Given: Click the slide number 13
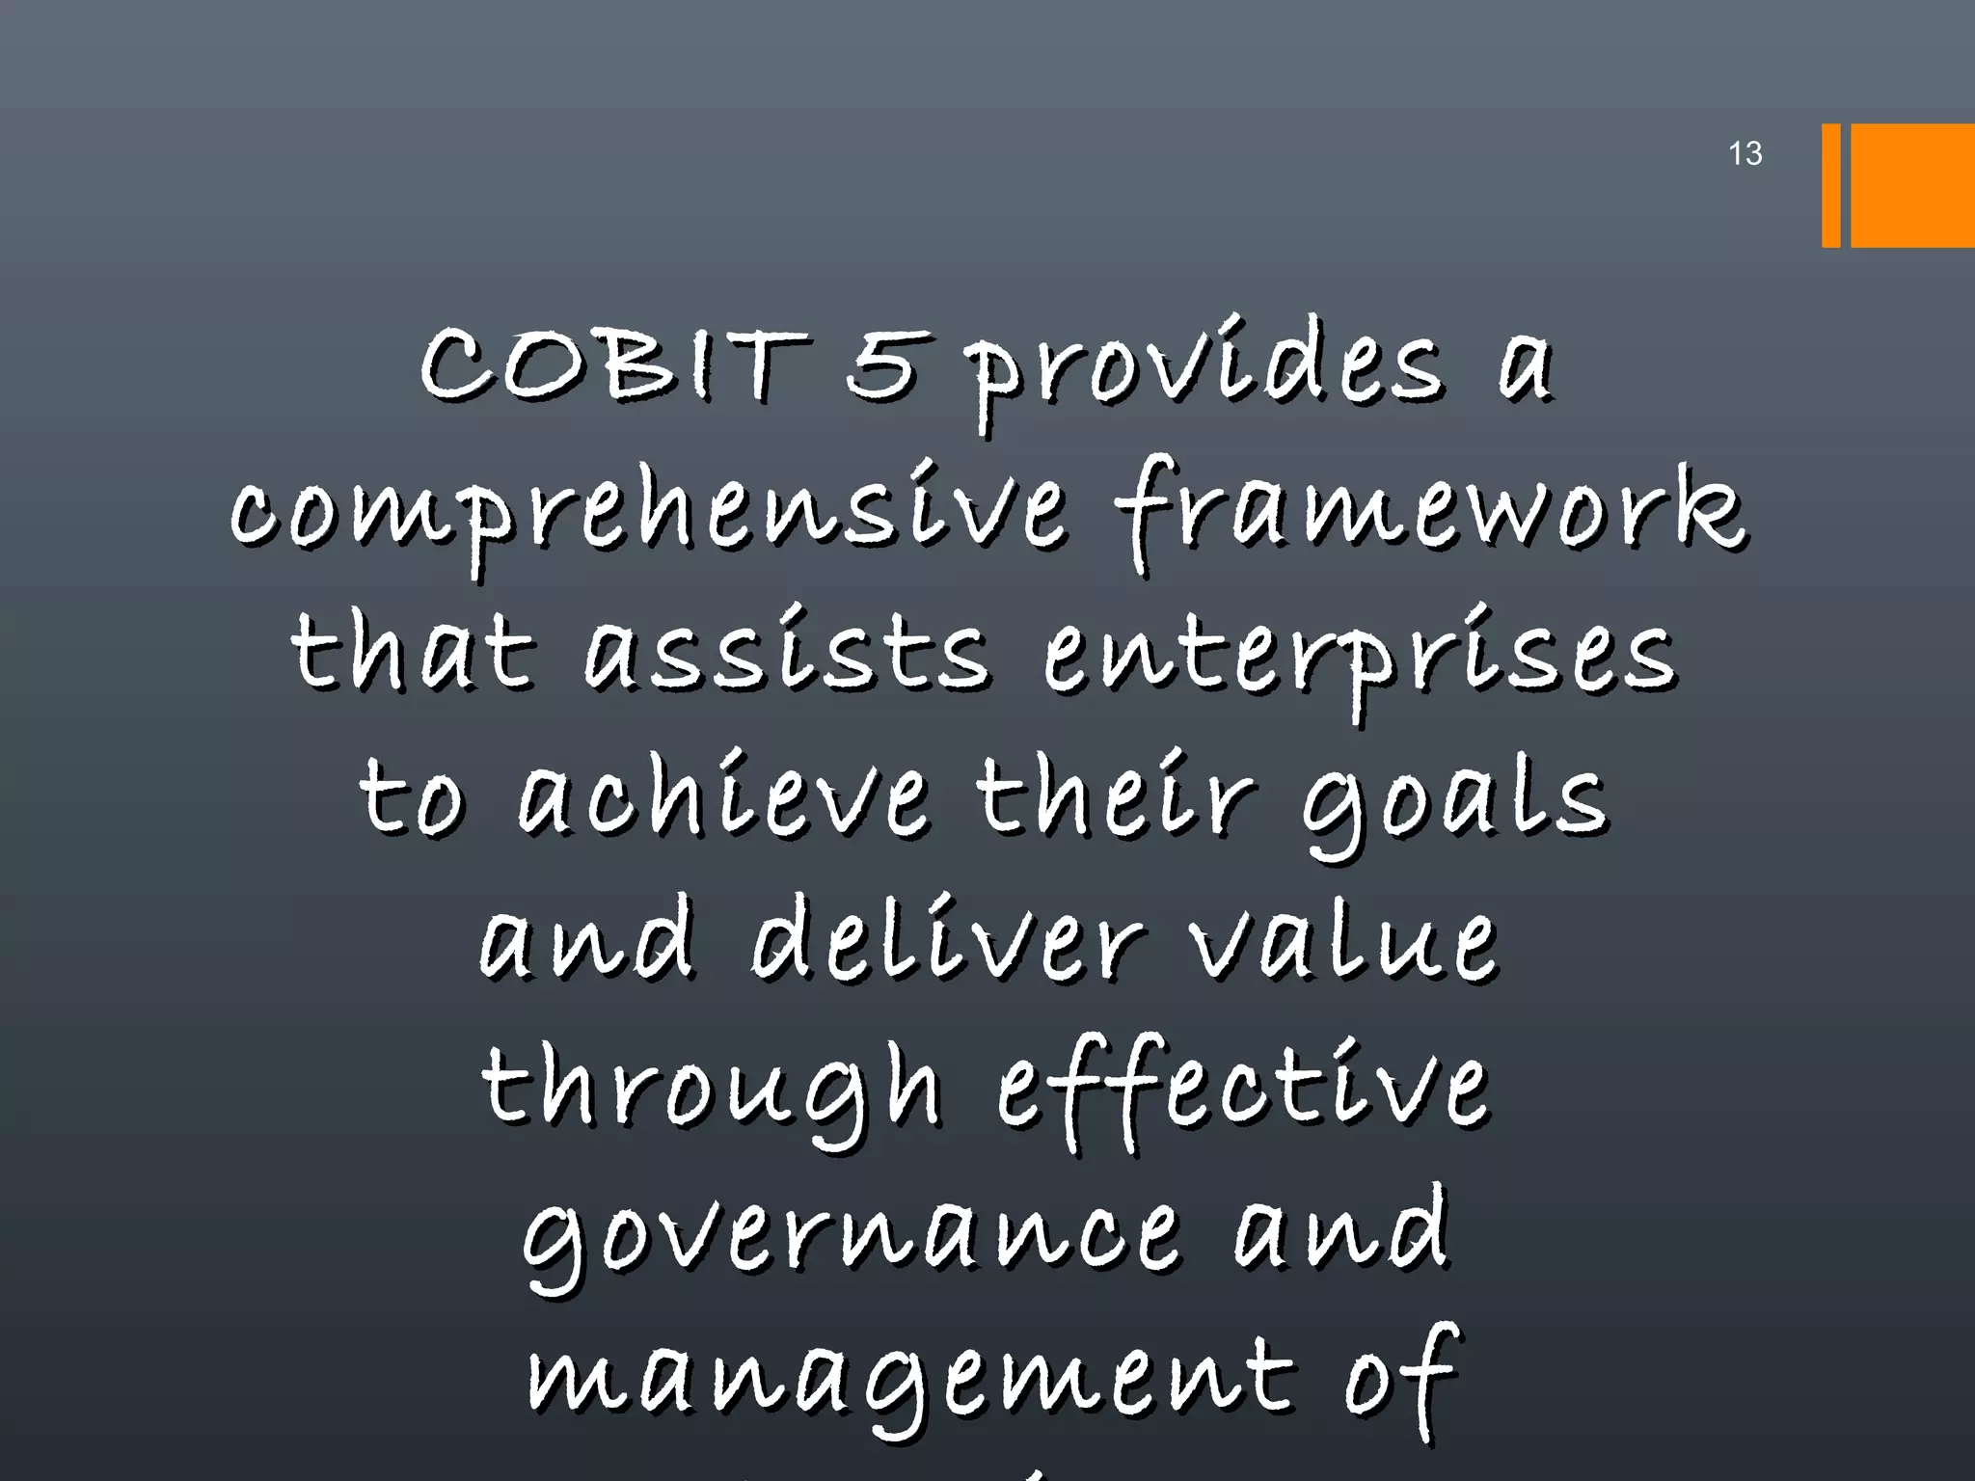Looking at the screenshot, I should click(x=1745, y=153).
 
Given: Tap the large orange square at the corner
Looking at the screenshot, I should click(x=1912, y=185).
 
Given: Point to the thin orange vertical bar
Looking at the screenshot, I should click(x=1830, y=185).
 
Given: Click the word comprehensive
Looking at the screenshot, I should click(x=648, y=516).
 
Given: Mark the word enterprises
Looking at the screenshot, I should click(x=1360, y=660).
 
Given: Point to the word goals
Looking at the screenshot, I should click(x=1456, y=805).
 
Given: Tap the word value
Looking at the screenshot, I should click(x=1342, y=943).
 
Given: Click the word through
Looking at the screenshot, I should click(x=711, y=1090).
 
